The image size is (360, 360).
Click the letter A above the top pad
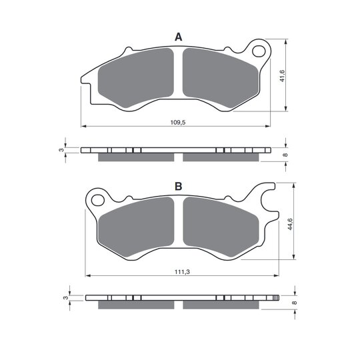(x=179, y=37)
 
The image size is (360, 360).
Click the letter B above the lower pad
(x=179, y=186)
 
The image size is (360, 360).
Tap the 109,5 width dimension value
(x=178, y=123)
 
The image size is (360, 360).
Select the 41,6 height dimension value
(x=282, y=76)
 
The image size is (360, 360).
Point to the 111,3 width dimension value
(x=182, y=272)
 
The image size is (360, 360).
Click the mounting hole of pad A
(x=259, y=51)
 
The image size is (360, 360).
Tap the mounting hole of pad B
(x=98, y=200)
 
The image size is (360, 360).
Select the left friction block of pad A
(x=136, y=77)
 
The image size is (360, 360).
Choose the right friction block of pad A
(x=221, y=77)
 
